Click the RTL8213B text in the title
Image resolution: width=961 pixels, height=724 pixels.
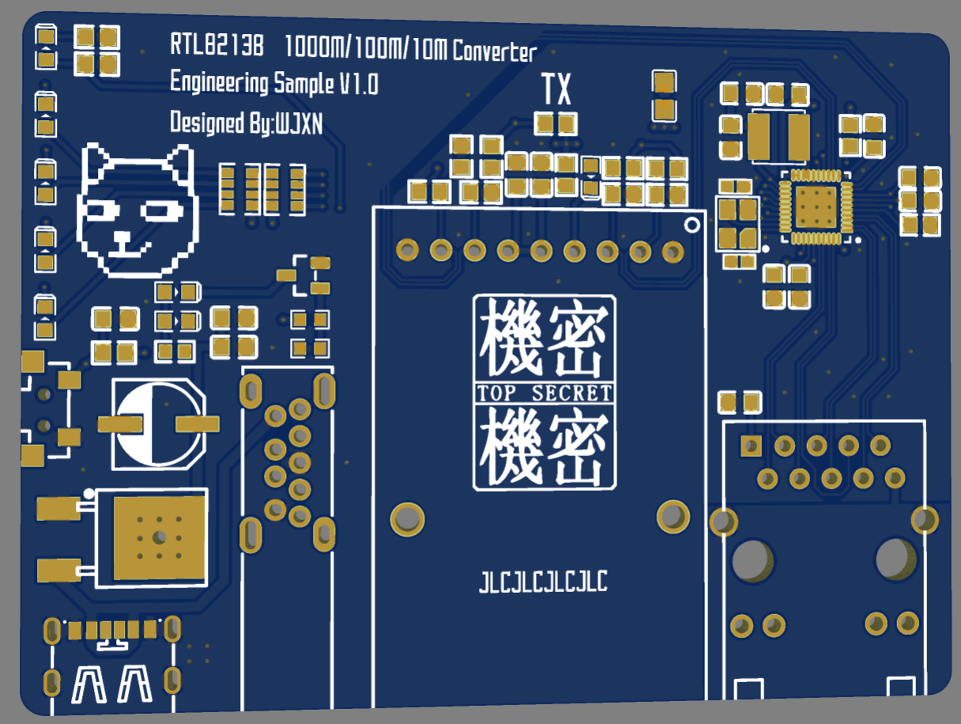(x=217, y=45)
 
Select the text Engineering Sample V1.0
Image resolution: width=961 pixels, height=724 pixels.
(x=273, y=83)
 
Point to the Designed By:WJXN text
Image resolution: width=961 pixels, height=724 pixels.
(x=246, y=123)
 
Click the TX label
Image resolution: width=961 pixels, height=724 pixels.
(x=556, y=89)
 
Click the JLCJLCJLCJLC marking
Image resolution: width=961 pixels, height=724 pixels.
(x=544, y=583)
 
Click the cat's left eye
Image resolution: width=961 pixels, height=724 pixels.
(x=104, y=211)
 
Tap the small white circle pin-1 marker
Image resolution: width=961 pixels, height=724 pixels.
(x=692, y=225)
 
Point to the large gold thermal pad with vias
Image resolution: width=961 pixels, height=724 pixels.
(x=159, y=537)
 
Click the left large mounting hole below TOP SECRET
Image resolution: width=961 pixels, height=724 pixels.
(x=408, y=519)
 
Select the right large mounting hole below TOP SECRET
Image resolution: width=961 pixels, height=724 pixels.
(x=673, y=516)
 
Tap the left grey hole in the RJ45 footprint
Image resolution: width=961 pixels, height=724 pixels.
(x=752, y=560)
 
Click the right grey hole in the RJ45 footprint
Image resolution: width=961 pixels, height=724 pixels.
(x=895, y=559)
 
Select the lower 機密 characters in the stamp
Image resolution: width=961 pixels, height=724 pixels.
(x=545, y=447)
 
